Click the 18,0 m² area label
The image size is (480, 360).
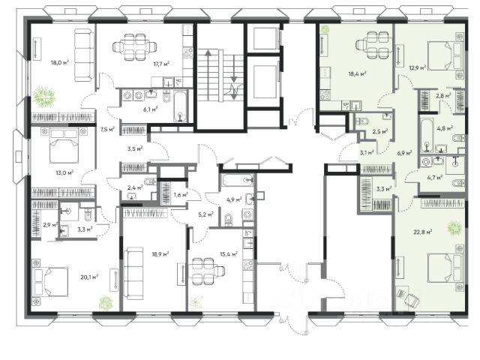(x=60, y=63)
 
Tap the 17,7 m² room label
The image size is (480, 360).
(x=161, y=64)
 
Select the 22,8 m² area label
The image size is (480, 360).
(x=423, y=232)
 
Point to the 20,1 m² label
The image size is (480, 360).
(x=89, y=277)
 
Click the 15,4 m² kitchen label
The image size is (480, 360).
(x=229, y=254)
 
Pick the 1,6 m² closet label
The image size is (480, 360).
(x=181, y=195)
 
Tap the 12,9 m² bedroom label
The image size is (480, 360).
(x=418, y=67)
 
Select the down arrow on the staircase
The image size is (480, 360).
(x=234, y=77)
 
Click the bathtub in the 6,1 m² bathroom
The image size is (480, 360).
(x=181, y=106)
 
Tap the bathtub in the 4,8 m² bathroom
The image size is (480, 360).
(x=427, y=136)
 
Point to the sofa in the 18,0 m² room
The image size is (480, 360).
(x=85, y=55)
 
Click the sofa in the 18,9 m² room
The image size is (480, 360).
(x=133, y=273)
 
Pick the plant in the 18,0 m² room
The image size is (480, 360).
(x=45, y=96)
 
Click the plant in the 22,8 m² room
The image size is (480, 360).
(x=454, y=227)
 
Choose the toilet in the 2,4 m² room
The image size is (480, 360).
(x=149, y=181)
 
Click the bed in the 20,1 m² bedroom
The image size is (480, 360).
(x=50, y=282)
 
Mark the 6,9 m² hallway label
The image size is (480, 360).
(x=404, y=153)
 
